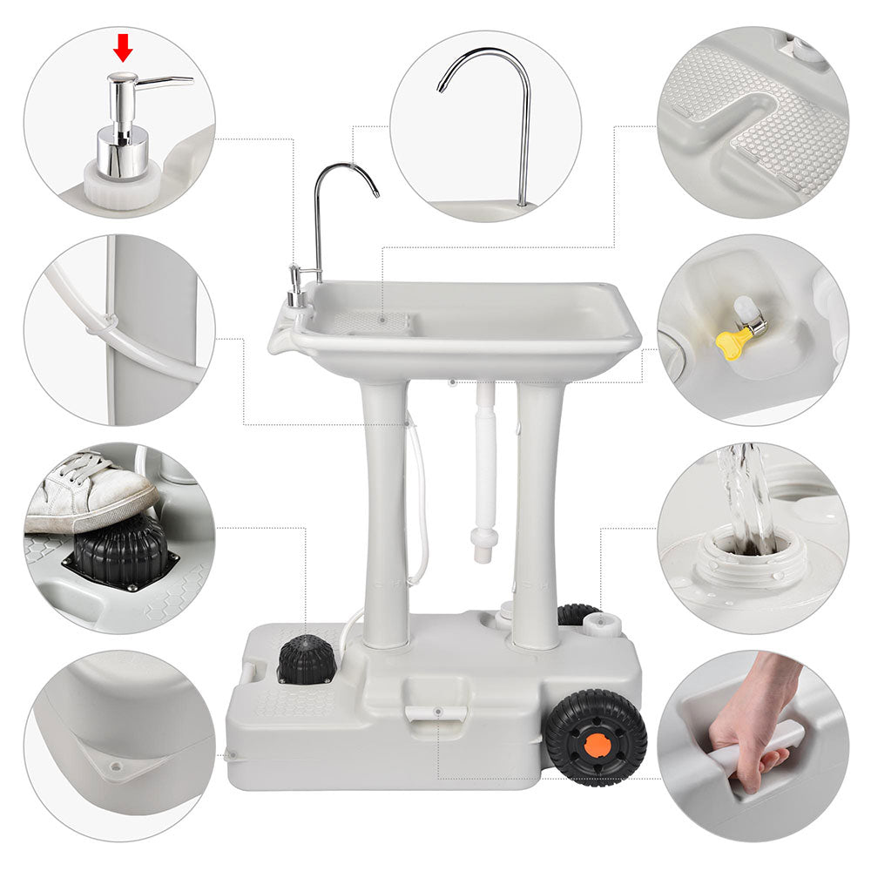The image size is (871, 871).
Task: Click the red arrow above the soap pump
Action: (x=123, y=49)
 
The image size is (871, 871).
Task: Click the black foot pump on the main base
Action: (x=306, y=660)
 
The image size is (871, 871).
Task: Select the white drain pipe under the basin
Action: (x=485, y=470)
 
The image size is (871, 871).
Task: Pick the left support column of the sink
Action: (x=385, y=514)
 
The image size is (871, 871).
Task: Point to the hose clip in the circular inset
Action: (x=103, y=326)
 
